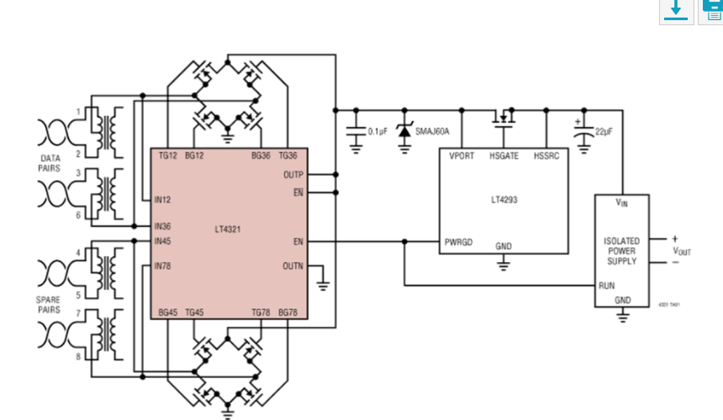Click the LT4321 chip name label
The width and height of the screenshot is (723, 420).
pos(228,228)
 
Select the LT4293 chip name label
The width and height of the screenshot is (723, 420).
pos(504,201)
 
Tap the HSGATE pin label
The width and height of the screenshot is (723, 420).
pos(504,156)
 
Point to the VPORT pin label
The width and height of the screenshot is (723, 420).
pos(462,156)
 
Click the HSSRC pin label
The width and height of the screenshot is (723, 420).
pos(546,156)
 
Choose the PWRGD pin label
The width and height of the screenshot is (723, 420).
pos(459,242)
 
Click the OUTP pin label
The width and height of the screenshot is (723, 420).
pos(293,175)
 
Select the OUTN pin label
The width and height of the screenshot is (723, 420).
pos(293,266)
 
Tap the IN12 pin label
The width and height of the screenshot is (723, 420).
pos(162,200)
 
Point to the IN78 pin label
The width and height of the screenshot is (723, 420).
pos(162,266)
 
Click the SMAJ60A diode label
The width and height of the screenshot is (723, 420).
pos(432,132)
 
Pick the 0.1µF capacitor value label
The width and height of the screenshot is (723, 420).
pos(377,132)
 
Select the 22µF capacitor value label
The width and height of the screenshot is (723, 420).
pos(603,132)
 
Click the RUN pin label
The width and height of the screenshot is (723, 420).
pos(607,286)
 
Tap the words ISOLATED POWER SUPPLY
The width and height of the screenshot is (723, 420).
pos(622,251)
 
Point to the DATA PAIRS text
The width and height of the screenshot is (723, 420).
pos(50,162)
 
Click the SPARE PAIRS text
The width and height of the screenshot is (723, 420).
pos(48,304)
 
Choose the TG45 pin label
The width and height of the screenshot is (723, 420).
pos(194,312)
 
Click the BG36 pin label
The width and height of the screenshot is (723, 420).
pos(261,155)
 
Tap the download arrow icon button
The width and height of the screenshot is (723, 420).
pos(676,9)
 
